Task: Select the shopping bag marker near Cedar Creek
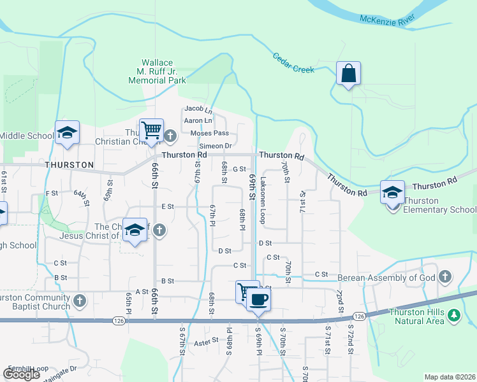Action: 349,73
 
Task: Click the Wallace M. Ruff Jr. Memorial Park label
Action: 157,71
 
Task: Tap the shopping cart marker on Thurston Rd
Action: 152,131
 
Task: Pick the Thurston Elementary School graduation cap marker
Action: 392,192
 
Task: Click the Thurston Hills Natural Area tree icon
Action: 453,315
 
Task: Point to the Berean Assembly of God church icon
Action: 445,276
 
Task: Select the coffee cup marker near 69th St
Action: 258,299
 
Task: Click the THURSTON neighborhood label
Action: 70,164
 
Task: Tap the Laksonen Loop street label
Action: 262,200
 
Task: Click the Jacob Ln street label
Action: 198,108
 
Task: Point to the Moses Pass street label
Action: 209,133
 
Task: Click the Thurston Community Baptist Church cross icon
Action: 80,299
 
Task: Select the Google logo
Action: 21,374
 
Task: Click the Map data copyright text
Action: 450,378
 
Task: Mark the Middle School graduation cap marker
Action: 67,132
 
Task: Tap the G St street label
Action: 239,169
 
